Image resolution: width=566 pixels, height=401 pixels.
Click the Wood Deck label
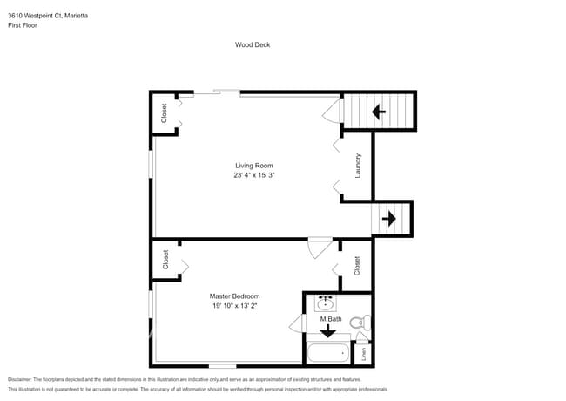252,44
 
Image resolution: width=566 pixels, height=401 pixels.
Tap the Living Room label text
254,166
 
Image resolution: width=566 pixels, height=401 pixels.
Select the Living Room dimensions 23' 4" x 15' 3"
254,175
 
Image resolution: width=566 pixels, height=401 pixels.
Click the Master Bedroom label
234,296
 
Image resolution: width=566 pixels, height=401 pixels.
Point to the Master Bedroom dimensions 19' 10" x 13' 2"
234,306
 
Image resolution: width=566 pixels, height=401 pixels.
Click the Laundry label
358,166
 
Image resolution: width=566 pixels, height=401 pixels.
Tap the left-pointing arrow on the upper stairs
379,112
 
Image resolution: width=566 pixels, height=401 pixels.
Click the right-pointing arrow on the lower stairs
388,218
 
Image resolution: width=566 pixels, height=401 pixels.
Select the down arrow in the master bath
327,330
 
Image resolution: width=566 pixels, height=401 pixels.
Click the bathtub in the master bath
327,353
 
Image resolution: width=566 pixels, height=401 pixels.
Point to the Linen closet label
364,354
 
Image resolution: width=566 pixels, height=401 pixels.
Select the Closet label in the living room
164,113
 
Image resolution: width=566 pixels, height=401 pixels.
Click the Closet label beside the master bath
357,266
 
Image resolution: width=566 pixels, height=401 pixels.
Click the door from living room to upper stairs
331,111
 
